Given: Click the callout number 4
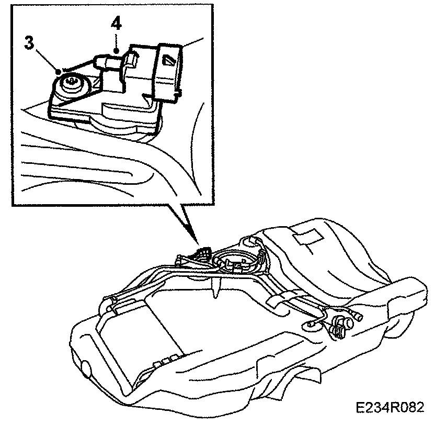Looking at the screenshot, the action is (x=116, y=24).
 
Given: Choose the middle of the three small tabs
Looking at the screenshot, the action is (x=163, y=361).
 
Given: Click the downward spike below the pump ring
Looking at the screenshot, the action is (x=215, y=291).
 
